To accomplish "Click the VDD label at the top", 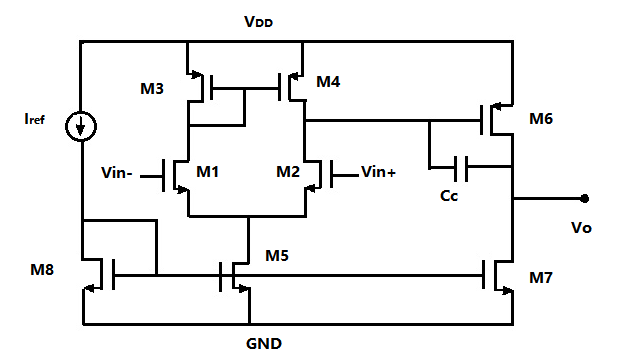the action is click(259, 21).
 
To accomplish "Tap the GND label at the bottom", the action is click(264, 343).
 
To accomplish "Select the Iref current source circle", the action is click(81, 126).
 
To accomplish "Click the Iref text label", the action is click(34, 119).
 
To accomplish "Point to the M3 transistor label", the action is click(152, 88).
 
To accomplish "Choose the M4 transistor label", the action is click(328, 81).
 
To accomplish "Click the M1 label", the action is click(208, 172).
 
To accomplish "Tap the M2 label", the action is click(288, 172).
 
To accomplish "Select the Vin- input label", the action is click(117, 172).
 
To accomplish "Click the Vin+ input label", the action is click(378, 172).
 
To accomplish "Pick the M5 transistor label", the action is click(277, 256).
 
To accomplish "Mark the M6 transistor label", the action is click(541, 119).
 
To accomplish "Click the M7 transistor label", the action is click(541, 278).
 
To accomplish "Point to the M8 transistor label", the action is click(42, 270).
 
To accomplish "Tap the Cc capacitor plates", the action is click(461, 168).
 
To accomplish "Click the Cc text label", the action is click(449, 195).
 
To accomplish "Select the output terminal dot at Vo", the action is click(584, 199).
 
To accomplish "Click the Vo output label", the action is click(581, 228).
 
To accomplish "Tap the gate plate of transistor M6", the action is click(482, 120).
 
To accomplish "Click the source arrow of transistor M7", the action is click(507, 291).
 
